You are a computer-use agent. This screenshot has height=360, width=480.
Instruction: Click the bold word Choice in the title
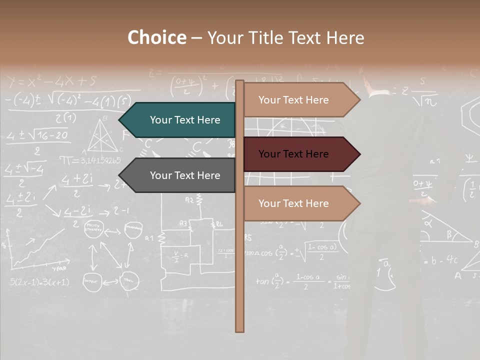(x=156, y=37)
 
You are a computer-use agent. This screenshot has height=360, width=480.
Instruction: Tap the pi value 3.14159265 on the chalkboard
(x=90, y=160)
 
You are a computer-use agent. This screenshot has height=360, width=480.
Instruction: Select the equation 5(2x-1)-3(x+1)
(x=39, y=282)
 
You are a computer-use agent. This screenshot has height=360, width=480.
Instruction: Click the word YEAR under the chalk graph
(x=59, y=268)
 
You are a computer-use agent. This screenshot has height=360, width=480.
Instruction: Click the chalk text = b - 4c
(x=440, y=260)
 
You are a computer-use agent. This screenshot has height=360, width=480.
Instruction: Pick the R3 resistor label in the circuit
(x=183, y=223)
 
